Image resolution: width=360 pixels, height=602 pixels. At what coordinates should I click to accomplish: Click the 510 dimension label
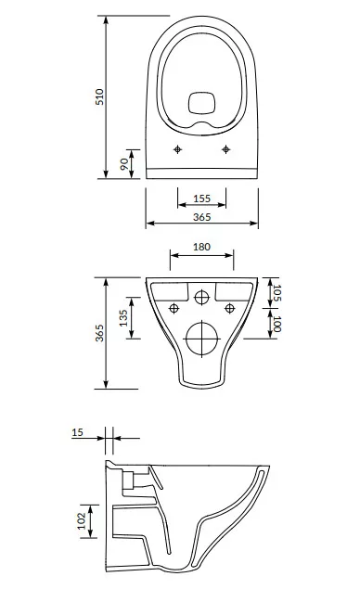click(x=99, y=96)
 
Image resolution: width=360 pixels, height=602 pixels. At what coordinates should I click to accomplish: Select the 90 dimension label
click(x=124, y=164)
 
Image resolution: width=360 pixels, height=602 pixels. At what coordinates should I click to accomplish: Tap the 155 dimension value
click(x=201, y=199)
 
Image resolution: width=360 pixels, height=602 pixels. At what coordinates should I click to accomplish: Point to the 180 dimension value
click(x=201, y=247)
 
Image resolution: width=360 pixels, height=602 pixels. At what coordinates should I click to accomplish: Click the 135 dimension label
click(x=123, y=318)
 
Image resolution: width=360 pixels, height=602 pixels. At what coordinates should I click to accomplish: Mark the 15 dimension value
click(x=77, y=432)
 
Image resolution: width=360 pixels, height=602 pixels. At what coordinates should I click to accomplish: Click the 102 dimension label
click(x=82, y=521)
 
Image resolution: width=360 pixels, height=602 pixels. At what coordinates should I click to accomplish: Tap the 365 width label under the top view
click(x=201, y=217)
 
